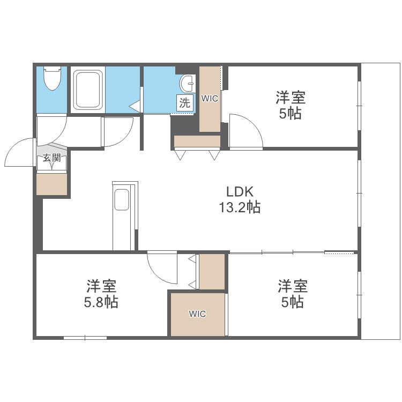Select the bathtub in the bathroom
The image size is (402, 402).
(x=88, y=90)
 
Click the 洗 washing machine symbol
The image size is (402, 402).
(x=184, y=103)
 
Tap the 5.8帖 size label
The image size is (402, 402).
(x=101, y=302)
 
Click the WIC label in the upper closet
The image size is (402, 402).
(x=210, y=99)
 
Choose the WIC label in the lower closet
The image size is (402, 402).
(x=197, y=314)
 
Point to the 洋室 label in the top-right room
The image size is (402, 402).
(x=291, y=98)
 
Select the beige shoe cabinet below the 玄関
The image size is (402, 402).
(x=51, y=183)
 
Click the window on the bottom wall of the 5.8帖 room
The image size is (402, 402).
(x=85, y=338)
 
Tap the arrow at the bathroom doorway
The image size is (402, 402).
(x=135, y=106)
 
